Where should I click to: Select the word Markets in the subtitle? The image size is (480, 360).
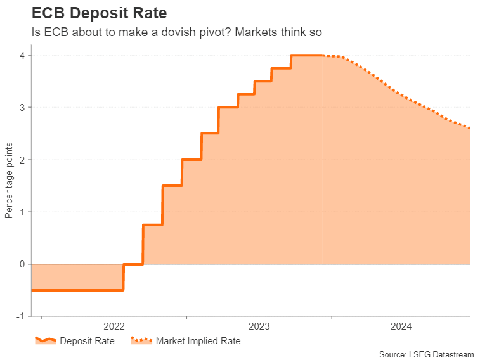pyautogui.click(x=258, y=32)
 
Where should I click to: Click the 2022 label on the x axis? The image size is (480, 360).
pyautogui.click(x=114, y=327)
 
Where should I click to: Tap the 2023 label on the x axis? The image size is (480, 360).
pyautogui.click(x=259, y=327)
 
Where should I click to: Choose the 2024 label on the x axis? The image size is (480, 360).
pyautogui.click(x=401, y=327)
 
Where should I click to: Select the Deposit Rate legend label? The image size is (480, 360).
pyautogui.click(x=87, y=341)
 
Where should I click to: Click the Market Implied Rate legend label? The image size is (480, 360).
pyautogui.click(x=198, y=341)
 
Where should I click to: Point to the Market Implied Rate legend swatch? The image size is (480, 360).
pyautogui.click(x=141, y=341)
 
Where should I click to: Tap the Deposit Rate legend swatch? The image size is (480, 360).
pyautogui.click(x=45, y=341)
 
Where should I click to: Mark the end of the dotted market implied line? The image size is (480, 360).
pyautogui.click(x=469, y=128)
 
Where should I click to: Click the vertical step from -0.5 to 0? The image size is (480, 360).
pyautogui.click(x=123, y=277)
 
